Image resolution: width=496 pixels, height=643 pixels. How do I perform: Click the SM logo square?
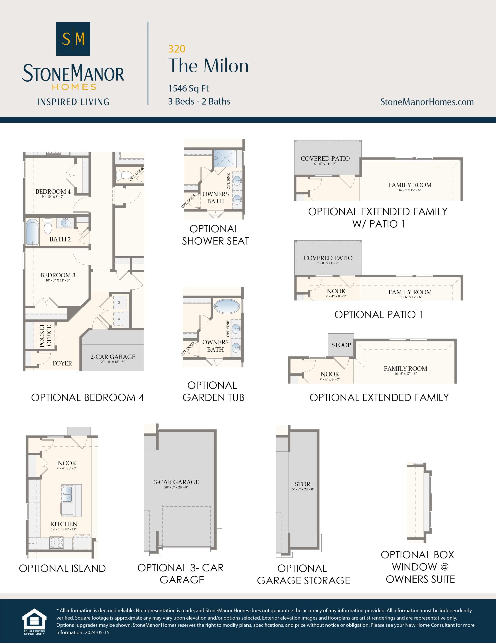73,39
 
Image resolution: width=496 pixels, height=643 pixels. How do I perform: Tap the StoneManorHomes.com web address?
427,102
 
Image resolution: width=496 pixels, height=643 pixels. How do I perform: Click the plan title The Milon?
208,66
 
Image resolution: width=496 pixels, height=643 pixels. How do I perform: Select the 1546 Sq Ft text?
189,88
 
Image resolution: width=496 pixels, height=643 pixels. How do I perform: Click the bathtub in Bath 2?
32,232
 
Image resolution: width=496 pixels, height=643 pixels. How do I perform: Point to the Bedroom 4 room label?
53,192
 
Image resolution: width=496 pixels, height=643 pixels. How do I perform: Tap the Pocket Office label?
46,336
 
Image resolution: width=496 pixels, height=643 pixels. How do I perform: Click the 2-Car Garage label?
113,357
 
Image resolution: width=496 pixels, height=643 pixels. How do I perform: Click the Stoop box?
341,345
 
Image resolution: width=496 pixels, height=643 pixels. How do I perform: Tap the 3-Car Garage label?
176,482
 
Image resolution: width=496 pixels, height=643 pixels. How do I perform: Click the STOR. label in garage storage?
303,484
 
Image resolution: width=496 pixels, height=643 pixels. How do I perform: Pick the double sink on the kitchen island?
67,494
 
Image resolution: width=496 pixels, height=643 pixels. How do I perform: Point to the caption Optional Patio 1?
379,315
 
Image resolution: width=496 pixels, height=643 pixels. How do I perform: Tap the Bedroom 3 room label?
58,275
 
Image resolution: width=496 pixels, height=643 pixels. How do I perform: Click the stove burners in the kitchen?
57,543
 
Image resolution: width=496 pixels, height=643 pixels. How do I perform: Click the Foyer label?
62,363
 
